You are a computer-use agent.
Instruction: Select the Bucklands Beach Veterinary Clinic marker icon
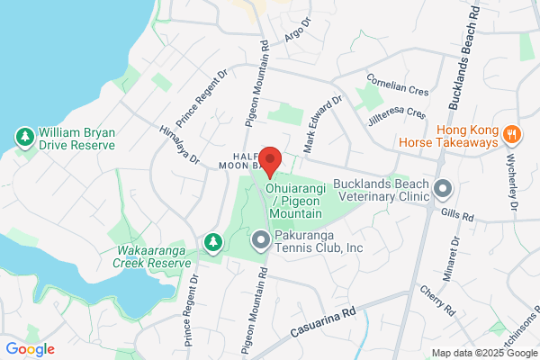(x=442, y=189)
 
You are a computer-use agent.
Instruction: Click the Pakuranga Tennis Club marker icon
(x=261, y=240)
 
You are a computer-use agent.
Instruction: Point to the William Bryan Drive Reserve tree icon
(x=24, y=138)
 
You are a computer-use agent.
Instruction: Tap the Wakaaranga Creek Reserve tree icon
(x=212, y=242)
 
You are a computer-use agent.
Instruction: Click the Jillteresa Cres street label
(x=396, y=114)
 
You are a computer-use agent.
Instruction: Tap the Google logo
(x=30, y=349)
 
